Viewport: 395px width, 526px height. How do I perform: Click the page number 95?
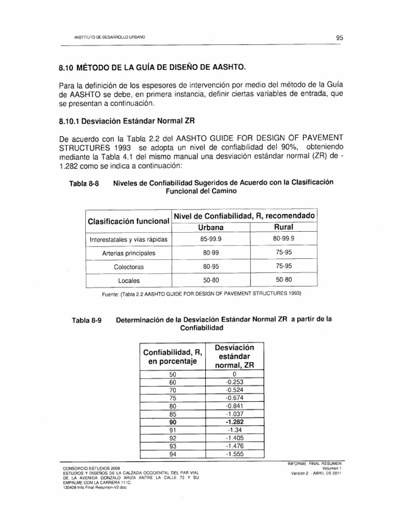pyautogui.click(x=339, y=37)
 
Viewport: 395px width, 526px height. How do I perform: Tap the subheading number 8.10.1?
pyautogui.click(x=72, y=121)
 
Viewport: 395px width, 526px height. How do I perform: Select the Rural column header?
pyautogui.click(x=283, y=227)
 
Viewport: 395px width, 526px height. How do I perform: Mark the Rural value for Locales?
pyautogui.click(x=283, y=280)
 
